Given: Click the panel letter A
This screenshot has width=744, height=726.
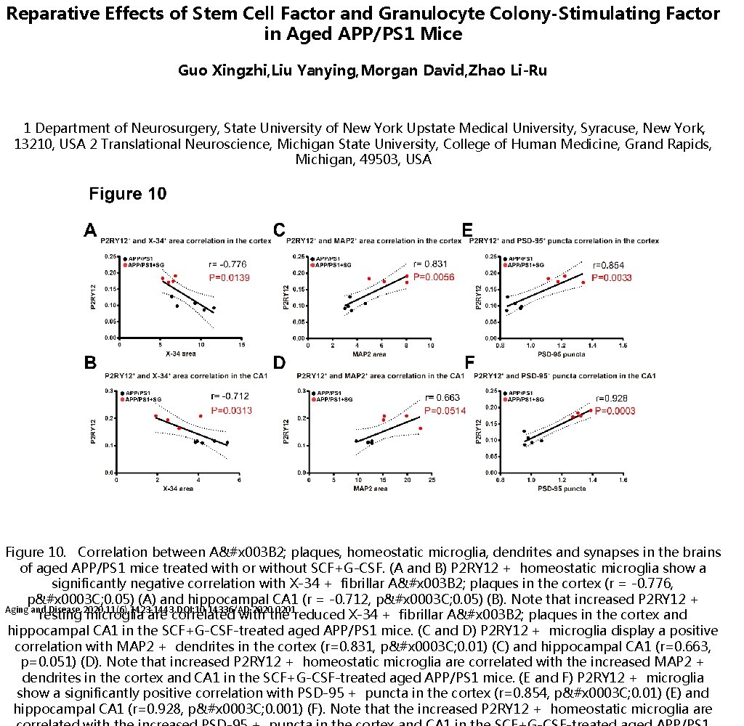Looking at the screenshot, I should coord(90,231).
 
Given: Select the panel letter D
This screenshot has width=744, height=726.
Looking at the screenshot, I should coord(280,362).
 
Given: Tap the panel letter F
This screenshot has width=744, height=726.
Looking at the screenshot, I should coord(469,362).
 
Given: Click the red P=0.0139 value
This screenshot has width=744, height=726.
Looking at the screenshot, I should coord(230,278).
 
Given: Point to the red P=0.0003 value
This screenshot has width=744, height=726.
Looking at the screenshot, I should coord(615,411).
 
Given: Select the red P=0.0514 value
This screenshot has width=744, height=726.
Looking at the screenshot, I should coord(445,410).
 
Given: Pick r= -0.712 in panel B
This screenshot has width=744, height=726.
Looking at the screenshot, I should coord(229,396).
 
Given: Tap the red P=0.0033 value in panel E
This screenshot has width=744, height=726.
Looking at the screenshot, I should coord(612,278).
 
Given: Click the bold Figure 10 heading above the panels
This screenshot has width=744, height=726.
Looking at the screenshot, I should coord(127,194).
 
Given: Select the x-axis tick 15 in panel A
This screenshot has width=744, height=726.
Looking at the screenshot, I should coord(241,346).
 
